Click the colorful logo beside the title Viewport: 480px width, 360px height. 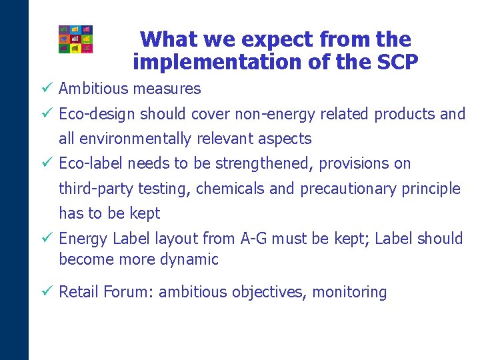pyautogui.click(x=75, y=39)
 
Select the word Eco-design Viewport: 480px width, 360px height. pyautogui.click(x=98, y=114)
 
